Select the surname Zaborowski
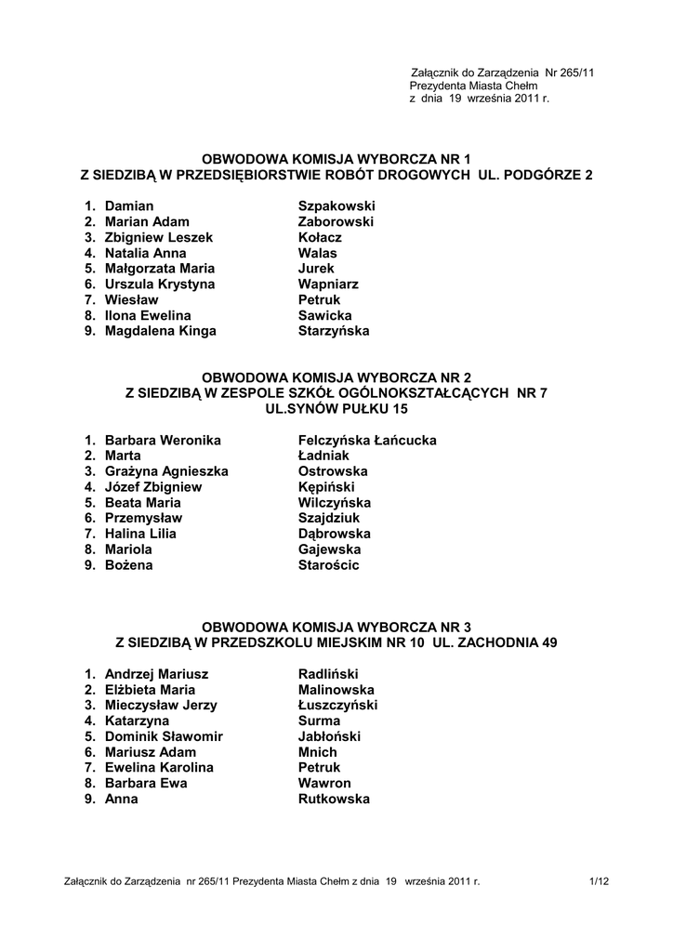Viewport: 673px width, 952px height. click(x=336, y=221)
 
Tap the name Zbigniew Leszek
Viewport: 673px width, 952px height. click(x=159, y=237)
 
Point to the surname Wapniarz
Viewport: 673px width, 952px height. click(x=328, y=284)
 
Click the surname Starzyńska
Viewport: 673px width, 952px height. click(x=334, y=332)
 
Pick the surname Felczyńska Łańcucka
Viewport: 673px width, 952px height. click(x=367, y=440)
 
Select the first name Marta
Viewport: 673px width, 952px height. click(x=123, y=456)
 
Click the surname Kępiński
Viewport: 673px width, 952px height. click(x=326, y=487)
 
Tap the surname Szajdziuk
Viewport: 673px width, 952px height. click(x=329, y=519)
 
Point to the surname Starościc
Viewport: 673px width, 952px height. click(x=328, y=566)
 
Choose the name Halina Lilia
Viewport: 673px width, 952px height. click(x=140, y=535)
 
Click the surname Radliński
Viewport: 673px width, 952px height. click(x=328, y=674)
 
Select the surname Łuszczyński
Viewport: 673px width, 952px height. click(x=337, y=706)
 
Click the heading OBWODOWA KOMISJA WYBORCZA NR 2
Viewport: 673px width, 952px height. click(x=336, y=377)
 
